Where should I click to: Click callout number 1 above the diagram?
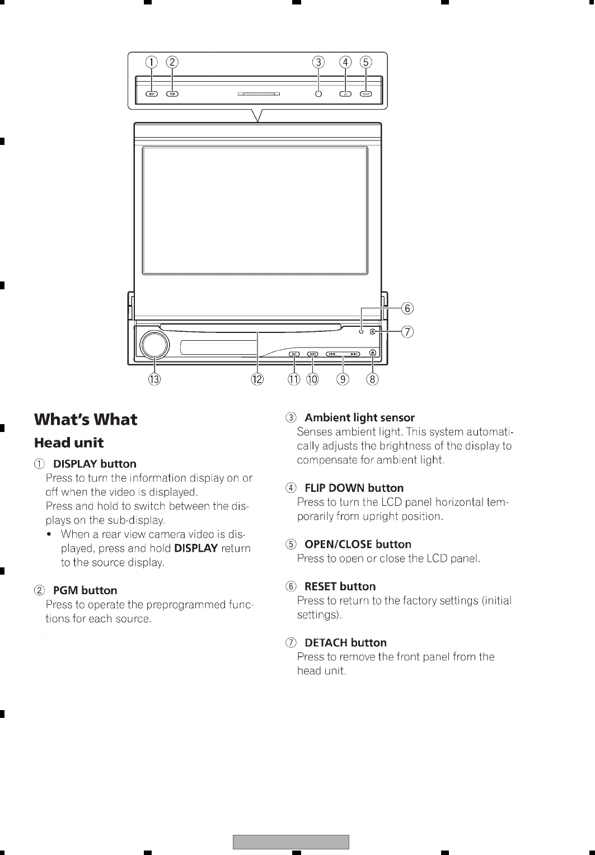click(152, 62)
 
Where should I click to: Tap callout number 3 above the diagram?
click(318, 62)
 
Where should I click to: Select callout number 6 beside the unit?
click(407, 308)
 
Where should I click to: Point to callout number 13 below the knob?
click(154, 379)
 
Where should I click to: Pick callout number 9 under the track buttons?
click(343, 379)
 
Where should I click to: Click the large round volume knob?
click(154, 345)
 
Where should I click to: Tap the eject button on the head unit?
click(373, 353)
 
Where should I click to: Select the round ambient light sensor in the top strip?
click(318, 94)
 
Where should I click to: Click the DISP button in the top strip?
click(152, 94)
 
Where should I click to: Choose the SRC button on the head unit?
click(294, 354)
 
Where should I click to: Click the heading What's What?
click(86, 420)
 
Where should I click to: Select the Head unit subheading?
click(69, 443)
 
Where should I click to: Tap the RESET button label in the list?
click(340, 586)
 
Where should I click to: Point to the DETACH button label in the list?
click(345, 642)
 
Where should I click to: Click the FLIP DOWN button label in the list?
click(354, 488)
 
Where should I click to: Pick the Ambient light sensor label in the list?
click(359, 417)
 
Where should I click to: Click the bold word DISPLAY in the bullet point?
click(195, 548)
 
